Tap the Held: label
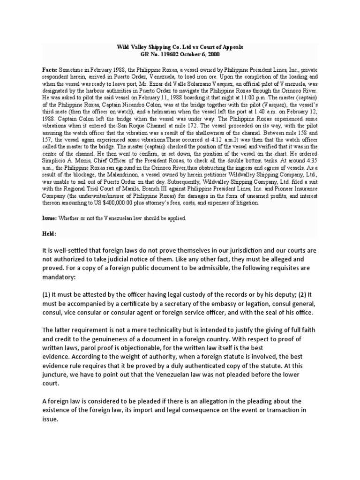point(49,233)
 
